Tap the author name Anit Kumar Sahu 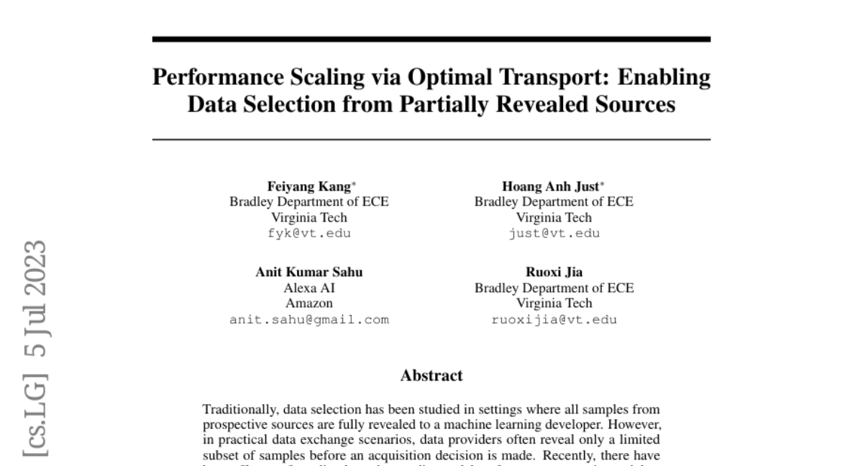coord(309,272)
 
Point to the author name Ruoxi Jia coord(554,272)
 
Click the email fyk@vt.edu coord(309,234)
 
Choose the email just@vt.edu coord(554,234)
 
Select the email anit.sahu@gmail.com coord(309,320)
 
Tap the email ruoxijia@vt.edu coord(554,320)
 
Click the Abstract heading coord(431,375)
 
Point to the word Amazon coord(309,303)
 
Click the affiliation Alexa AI coord(309,288)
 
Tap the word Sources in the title coord(631,105)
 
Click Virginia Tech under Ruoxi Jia coord(554,303)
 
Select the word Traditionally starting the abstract coord(239,409)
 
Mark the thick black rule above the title coord(431,40)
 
